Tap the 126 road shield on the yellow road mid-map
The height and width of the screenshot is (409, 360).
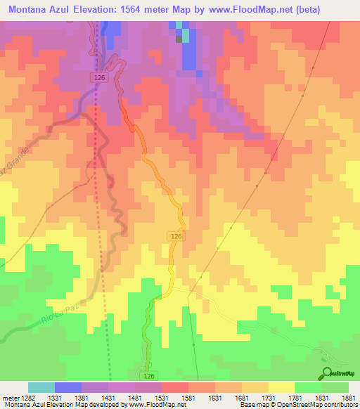pos(176,238)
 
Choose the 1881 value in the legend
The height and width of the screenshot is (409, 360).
pos(347,398)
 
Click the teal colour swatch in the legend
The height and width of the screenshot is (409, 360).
pos(41,387)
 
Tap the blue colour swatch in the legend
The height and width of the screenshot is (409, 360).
pos(67,387)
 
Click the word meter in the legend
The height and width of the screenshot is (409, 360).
pos(9,398)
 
